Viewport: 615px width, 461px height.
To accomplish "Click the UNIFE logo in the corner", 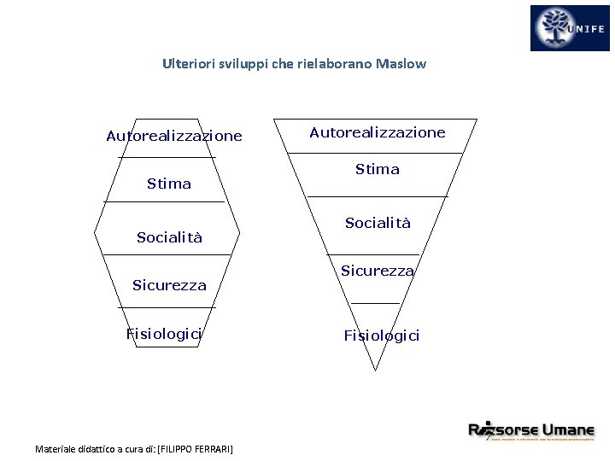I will (570, 28).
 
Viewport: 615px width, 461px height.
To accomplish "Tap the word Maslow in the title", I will (400, 64).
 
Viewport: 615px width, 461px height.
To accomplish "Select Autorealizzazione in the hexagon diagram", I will (174, 137).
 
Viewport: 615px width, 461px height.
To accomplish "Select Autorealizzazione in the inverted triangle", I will (378, 132).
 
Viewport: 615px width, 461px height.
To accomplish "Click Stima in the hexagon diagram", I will (169, 184).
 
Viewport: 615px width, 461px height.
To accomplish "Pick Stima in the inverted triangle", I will (378, 169).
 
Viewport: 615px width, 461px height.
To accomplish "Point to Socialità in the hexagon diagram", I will (170, 237).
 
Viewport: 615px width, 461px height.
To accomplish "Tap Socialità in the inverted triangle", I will (378, 223).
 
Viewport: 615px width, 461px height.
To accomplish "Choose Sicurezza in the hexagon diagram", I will (169, 285).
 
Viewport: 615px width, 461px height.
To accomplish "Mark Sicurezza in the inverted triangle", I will (378, 271).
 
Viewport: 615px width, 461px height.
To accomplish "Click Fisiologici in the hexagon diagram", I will (164, 334).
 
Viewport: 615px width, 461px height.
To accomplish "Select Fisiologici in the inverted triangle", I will (382, 336).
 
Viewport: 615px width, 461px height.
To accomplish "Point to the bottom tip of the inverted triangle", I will (375, 371).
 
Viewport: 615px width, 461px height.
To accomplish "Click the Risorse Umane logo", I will (530, 430).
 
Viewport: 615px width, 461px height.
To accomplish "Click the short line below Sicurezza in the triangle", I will (375, 303).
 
